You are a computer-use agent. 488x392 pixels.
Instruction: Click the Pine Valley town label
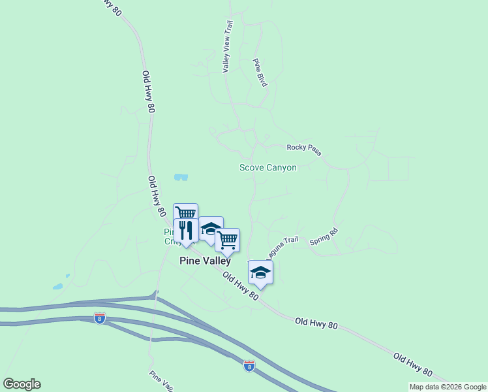point(205,261)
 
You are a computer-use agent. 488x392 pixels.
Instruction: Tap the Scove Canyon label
point(267,168)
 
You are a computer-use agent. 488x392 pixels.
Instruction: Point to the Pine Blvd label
point(260,73)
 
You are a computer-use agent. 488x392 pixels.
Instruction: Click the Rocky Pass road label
point(304,150)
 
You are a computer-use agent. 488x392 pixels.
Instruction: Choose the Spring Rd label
point(324,236)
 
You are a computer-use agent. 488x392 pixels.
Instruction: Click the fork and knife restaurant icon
point(186,231)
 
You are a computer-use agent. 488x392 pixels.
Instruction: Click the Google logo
point(22,384)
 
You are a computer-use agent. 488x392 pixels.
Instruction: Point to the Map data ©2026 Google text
point(448,387)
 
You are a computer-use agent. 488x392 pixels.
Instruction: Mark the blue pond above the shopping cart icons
point(181,177)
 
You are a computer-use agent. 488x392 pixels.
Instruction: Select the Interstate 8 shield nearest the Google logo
point(99,318)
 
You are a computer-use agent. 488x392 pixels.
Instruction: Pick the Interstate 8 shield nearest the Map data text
point(249,366)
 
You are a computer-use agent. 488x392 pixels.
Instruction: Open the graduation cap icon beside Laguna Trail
point(260,273)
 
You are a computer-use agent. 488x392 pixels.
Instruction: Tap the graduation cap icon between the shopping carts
point(211,229)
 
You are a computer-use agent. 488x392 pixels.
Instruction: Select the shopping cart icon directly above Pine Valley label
point(228,240)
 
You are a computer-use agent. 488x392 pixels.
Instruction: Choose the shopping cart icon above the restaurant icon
point(185,213)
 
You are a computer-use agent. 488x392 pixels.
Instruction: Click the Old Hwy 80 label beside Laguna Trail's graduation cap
point(239,287)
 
